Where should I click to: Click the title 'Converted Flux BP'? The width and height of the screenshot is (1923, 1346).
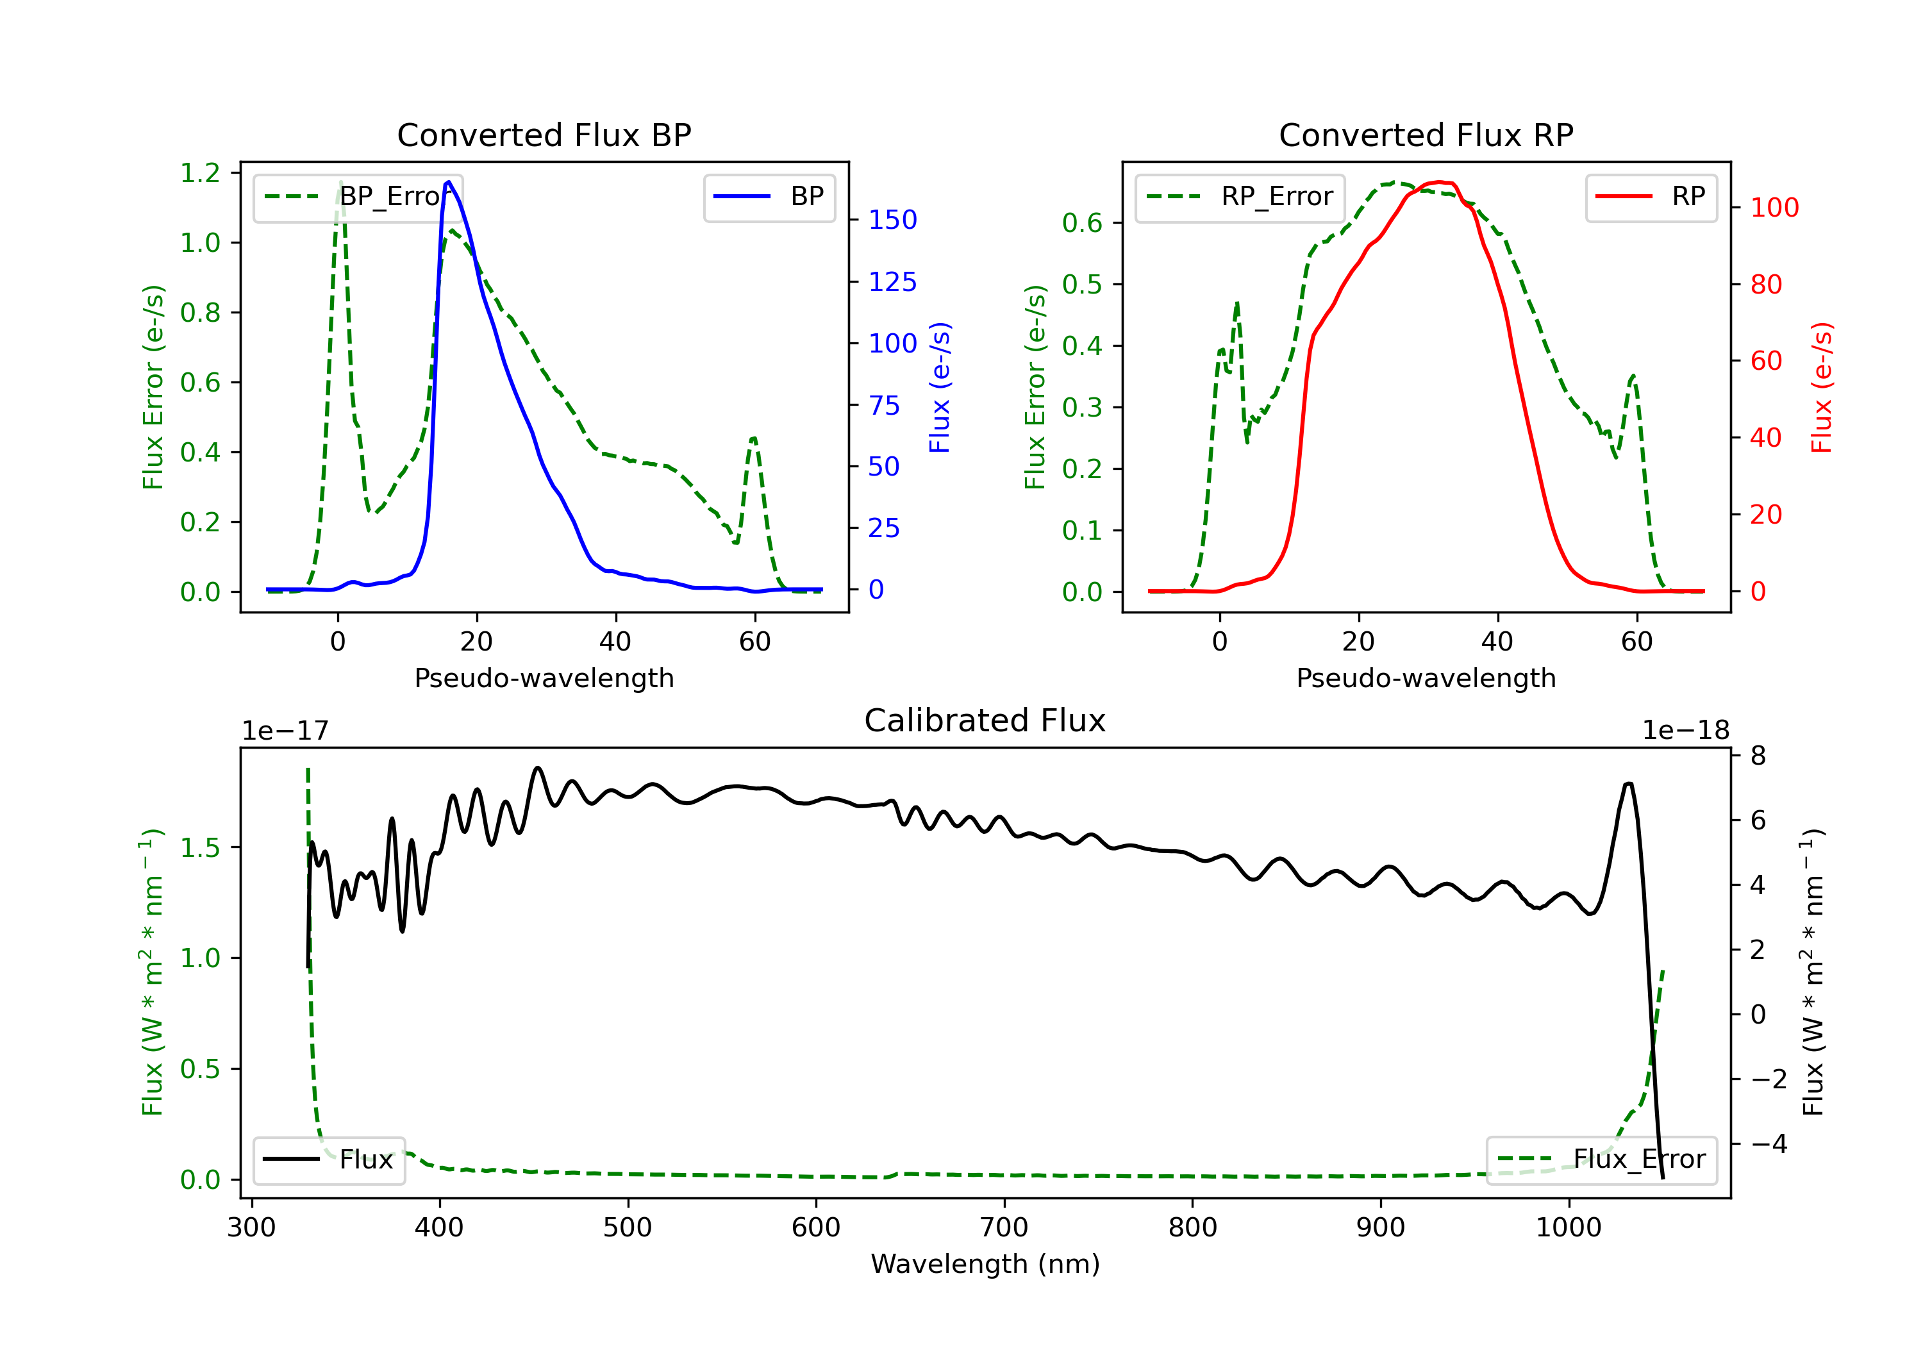click(x=544, y=135)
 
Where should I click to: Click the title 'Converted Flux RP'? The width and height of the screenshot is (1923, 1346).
click(x=1426, y=135)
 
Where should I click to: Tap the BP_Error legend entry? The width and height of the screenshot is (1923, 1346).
click(x=358, y=197)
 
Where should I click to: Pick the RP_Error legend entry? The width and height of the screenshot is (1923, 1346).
click(x=1240, y=197)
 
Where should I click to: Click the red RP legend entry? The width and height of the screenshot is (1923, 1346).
click(x=1651, y=197)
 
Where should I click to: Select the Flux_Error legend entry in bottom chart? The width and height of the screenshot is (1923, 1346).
click(x=1601, y=1159)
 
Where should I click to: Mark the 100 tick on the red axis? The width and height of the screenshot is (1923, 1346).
click(x=1774, y=208)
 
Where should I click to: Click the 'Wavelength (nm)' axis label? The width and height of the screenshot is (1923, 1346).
click(x=985, y=1264)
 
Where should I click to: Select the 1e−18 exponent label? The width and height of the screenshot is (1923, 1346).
click(x=1685, y=731)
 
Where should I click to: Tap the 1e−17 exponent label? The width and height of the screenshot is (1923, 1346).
click(x=286, y=731)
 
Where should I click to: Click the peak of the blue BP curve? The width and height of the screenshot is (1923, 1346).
click(x=449, y=182)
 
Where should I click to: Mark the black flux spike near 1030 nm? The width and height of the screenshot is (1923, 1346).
click(x=1628, y=785)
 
